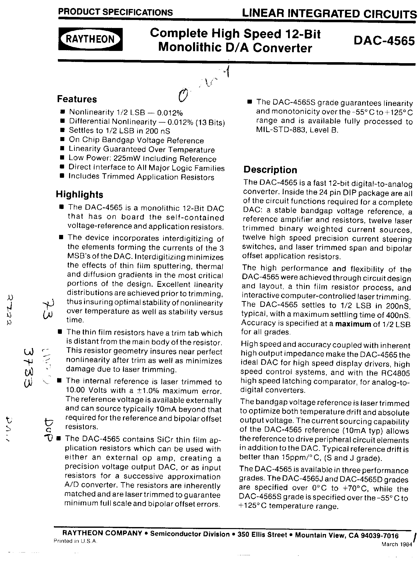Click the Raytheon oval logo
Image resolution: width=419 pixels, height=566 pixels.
[90, 39]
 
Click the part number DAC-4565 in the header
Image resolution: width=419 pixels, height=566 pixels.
[384, 41]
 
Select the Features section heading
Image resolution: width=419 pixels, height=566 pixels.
[77, 99]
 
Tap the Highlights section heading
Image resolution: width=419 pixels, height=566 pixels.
[79, 194]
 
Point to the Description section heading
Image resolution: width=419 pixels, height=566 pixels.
[270, 170]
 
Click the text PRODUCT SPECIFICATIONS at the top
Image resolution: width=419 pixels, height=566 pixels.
[115, 12]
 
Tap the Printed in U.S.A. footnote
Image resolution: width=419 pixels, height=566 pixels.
[75, 541]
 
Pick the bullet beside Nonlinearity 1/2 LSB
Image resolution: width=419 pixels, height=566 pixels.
[62, 112]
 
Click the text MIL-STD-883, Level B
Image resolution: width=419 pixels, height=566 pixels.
[297, 131]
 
